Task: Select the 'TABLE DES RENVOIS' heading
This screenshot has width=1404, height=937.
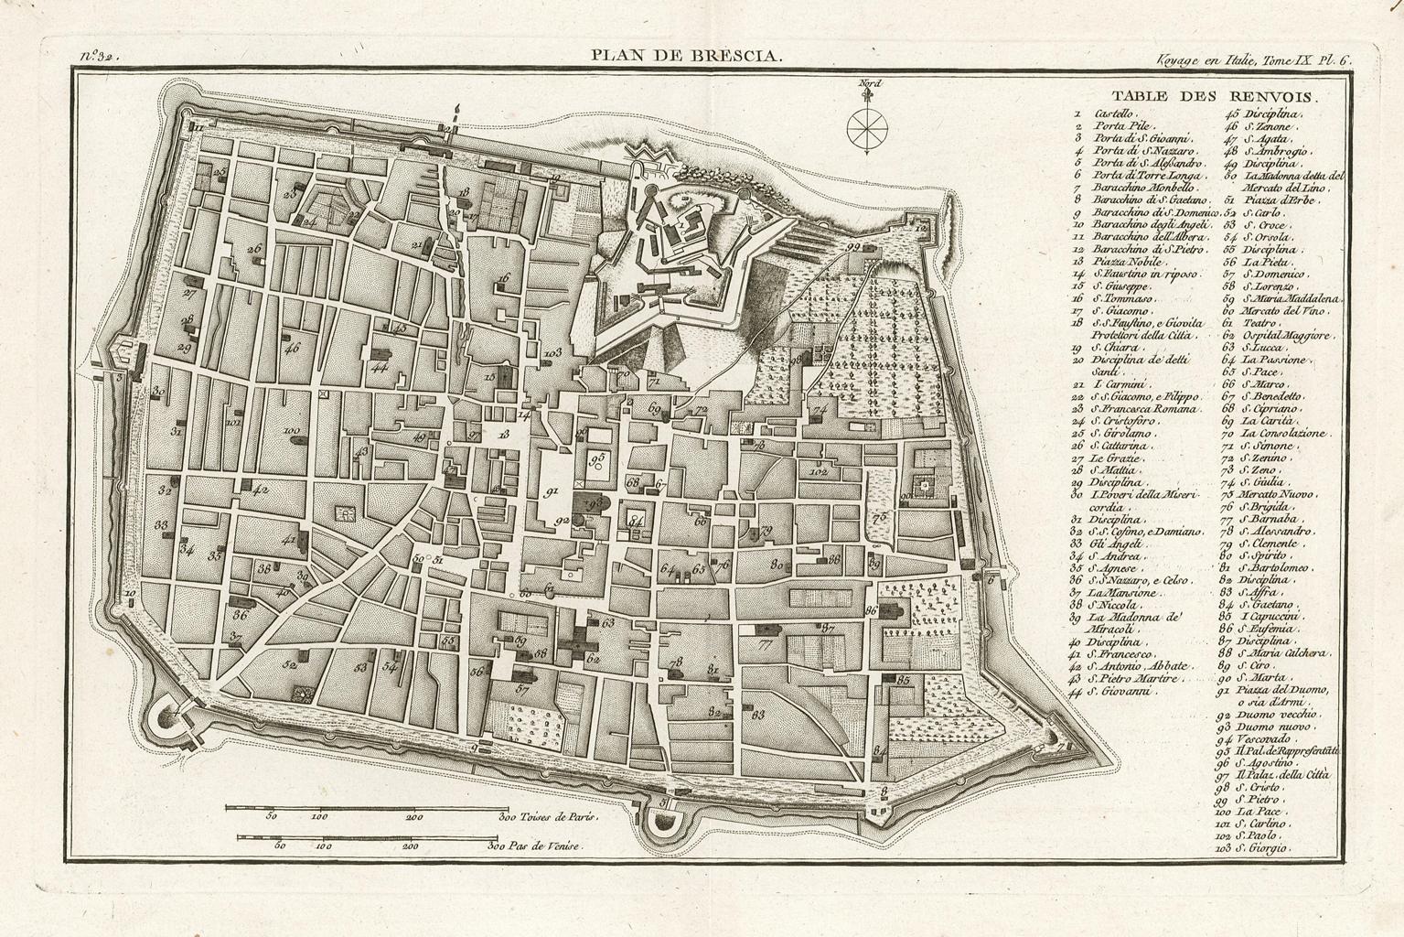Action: (1212, 96)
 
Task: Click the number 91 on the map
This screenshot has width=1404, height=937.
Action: (552, 491)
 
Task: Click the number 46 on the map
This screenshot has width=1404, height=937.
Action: (292, 348)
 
